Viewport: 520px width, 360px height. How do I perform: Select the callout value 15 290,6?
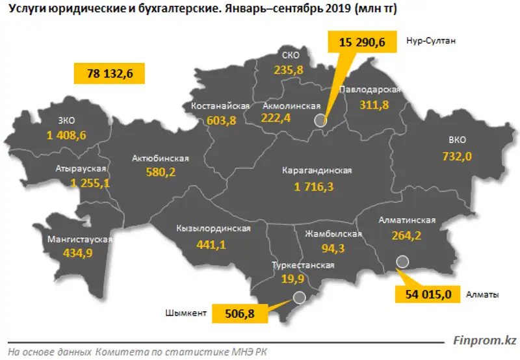tap(362, 42)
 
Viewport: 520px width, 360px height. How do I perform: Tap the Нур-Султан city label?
tap(431, 40)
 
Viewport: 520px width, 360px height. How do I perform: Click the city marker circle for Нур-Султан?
tap(319, 120)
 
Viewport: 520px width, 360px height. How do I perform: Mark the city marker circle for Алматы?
tap(402, 262)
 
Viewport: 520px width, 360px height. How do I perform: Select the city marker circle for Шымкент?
tap(299, 298)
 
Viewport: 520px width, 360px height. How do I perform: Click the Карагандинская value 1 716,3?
tap(317, 186)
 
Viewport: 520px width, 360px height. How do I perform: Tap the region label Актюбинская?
tap(160, 159)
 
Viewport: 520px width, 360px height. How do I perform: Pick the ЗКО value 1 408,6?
tap(66, 135)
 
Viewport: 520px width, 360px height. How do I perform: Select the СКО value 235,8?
tap(286, 70)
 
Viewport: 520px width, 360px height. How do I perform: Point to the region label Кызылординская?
tap(213, 229)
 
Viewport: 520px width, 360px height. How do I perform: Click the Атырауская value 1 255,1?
tap(83, 184)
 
